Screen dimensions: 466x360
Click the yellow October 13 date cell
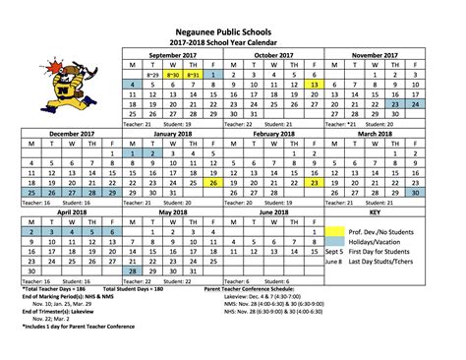312,87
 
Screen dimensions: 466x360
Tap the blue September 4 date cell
131,87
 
